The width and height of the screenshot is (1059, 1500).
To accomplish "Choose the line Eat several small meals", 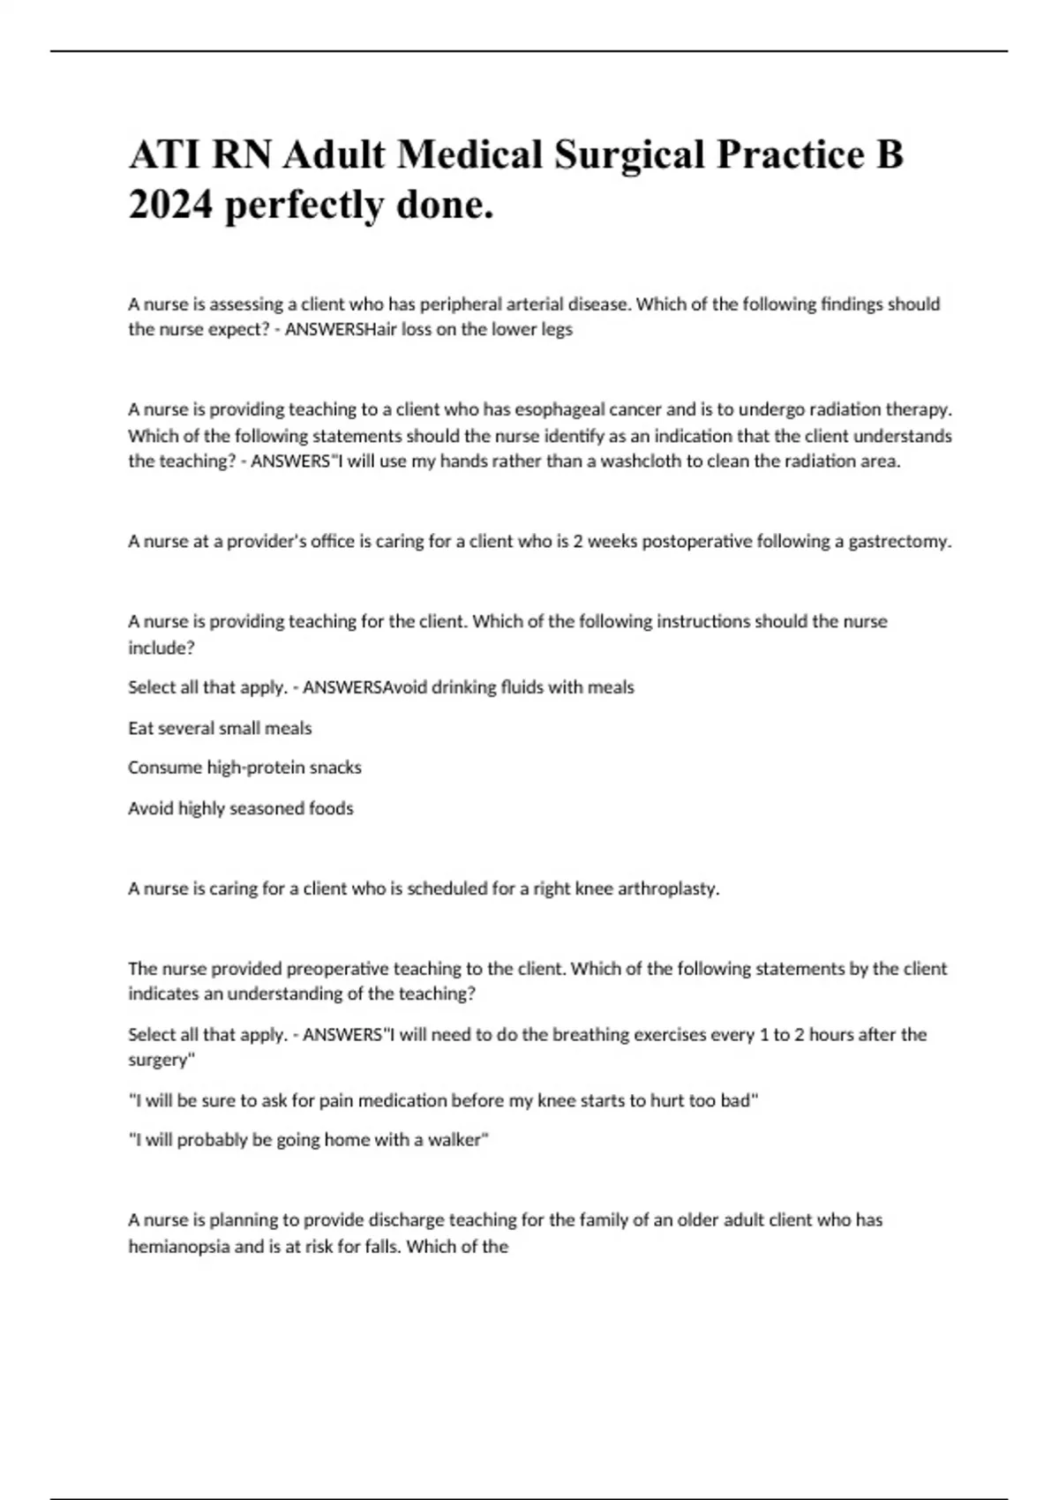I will click(x=220, y=729).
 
